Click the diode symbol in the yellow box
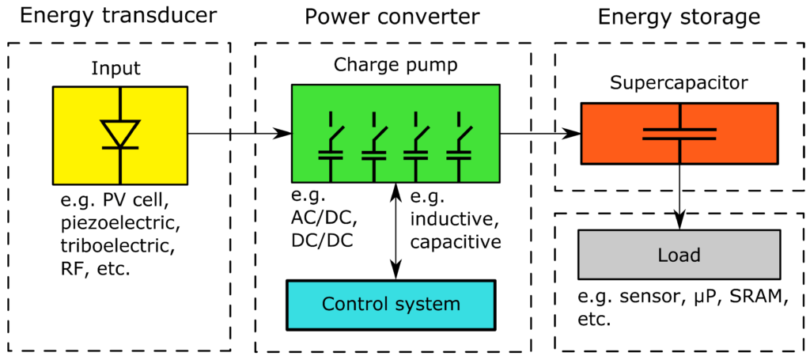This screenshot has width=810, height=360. point(120,132)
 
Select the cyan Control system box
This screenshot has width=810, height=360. point(390,304)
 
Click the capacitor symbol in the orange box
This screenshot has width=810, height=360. point(679,133)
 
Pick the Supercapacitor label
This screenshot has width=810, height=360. point(679,82)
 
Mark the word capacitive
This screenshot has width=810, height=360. point(456,241)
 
